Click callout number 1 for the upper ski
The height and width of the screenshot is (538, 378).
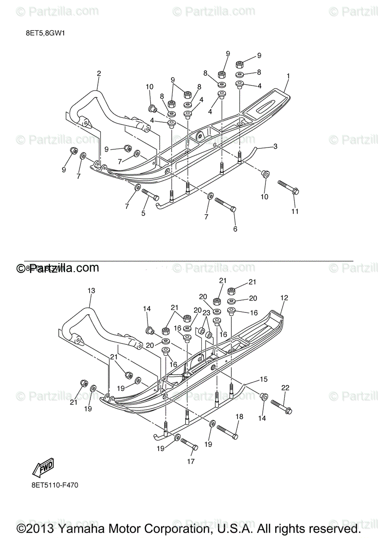click(288, 76)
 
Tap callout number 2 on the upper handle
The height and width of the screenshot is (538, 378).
click(99, 73)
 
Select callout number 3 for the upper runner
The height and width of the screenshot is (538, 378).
click(275, 146)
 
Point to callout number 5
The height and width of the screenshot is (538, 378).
click(143, 213)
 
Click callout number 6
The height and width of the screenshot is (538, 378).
click(235, 229)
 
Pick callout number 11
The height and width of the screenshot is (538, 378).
click(295, 211)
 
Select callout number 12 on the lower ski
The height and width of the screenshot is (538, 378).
click(284, 298)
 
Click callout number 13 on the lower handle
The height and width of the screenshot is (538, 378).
click(91, 291)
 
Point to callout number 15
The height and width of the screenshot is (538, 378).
click(264, 379)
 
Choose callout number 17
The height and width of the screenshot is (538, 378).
click(191, 461)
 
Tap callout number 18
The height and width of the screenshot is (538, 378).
click(239, 417)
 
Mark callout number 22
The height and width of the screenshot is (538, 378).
click(286, 388)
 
